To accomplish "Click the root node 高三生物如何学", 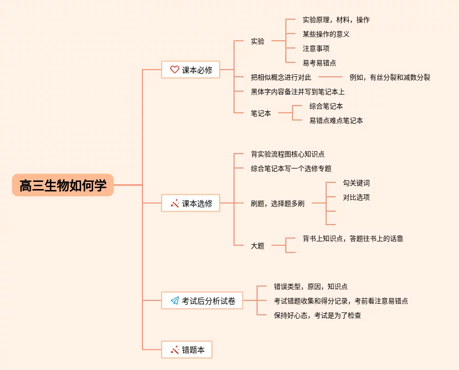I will [x=63, y=185].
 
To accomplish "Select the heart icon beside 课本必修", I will [x=175, y=70].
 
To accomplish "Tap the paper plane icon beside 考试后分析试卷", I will [x=175, y=301].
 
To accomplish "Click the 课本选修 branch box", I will [x=190, y=203].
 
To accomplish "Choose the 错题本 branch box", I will [x=187, y=350].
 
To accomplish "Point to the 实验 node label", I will [x=258, y=41].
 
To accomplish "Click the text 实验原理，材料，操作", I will [x=336, y=20].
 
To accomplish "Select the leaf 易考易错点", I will [x=319, y=63].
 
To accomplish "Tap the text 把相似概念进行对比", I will [x=281, y=77].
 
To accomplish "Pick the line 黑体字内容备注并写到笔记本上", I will [x=297, y=92].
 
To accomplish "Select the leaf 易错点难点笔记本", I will [x=336, y=120].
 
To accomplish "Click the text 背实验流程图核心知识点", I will [x=288, y=154].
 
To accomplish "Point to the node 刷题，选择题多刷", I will [x=277, y=203].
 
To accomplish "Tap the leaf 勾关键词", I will [x=356, y=183].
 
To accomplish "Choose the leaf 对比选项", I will [x=356, y=197].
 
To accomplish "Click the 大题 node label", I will [x=258, y=246].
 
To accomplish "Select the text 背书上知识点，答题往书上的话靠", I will [x=353, y=239].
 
